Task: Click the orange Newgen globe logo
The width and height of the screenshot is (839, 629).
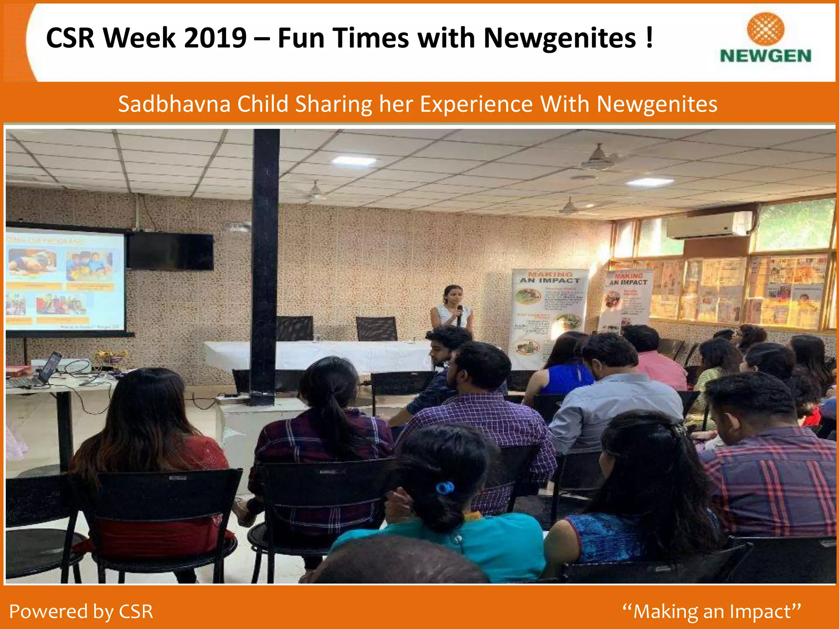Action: (x=765, y=29)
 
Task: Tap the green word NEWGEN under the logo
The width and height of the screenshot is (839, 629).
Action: (x=765, y=56)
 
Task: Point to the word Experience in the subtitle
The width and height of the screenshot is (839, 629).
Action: (x=476, y=104)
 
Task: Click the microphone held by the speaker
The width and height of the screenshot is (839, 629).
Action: (x=460, y=314)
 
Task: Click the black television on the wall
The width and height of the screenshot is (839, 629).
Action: (x=170, y=251)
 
